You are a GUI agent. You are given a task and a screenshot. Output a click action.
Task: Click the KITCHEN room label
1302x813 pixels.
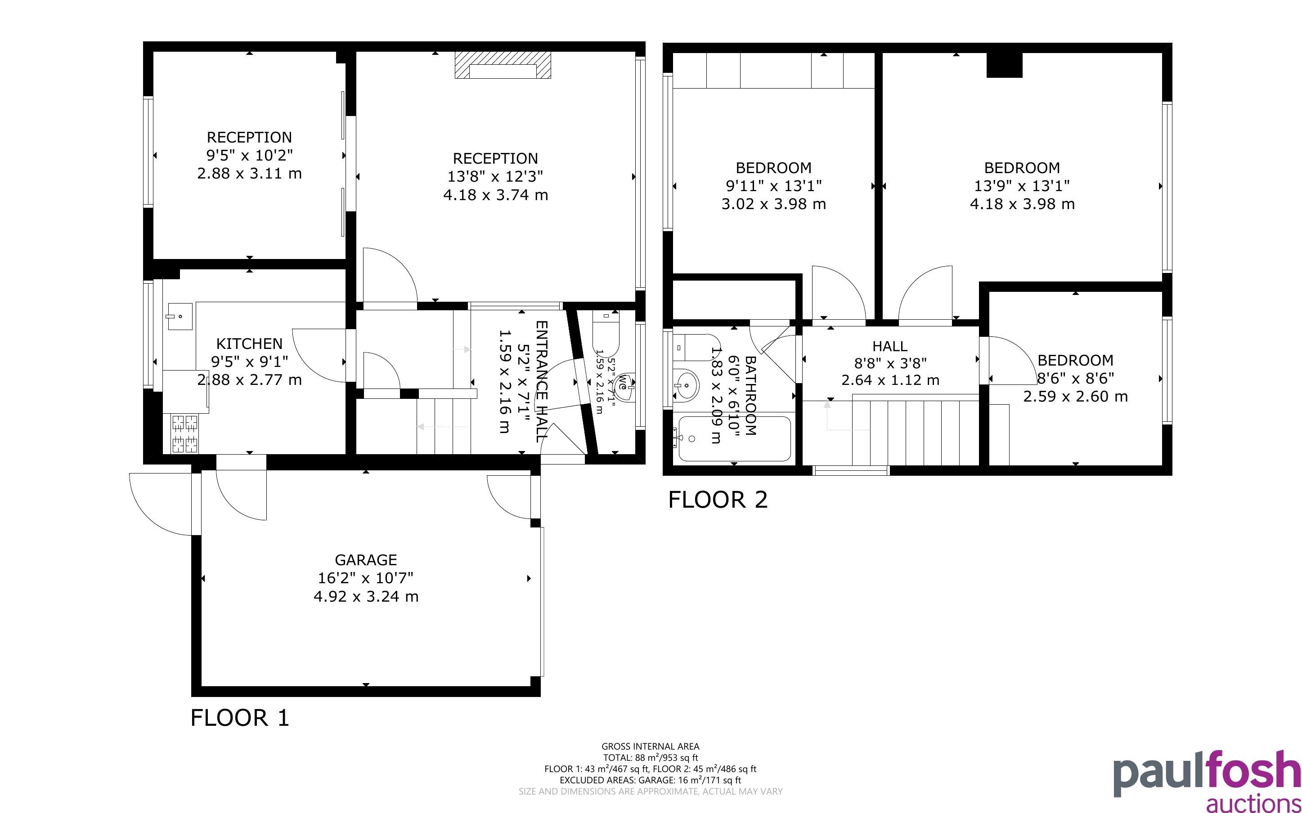click(249, 344)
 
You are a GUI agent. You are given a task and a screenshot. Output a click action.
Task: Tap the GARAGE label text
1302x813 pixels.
click(366, 560)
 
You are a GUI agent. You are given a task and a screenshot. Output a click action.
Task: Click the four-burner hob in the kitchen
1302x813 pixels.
click(184, 434)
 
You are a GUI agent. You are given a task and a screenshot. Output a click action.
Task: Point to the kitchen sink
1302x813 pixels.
click(179, 316)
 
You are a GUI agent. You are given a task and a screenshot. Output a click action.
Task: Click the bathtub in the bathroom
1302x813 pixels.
click(735, 439)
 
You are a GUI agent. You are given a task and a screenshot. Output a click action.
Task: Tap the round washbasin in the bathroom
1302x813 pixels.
click(686, 384)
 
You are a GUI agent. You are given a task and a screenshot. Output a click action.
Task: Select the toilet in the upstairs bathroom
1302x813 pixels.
click(697, 347)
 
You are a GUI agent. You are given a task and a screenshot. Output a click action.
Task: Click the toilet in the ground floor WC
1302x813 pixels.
click(606, 332)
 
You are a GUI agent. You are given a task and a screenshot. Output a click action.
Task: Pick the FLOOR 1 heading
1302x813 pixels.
click(240, 718)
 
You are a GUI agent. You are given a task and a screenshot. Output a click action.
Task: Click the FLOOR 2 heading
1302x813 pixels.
click(718, 500)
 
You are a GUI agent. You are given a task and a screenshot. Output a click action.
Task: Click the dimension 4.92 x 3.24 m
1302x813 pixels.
click(366, 596)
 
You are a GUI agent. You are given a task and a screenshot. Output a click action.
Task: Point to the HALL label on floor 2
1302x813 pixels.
click(890, 346)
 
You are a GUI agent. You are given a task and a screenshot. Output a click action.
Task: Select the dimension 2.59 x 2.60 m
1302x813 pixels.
click(1075, 397)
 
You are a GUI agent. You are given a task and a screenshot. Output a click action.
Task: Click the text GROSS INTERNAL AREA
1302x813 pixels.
click(650, 746)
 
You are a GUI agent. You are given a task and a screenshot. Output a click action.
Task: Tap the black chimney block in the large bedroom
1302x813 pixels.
click(1004, 65)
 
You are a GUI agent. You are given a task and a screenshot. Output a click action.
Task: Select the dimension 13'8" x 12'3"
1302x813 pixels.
click(495, 176)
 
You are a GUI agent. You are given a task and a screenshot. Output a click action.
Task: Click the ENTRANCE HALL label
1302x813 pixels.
click(542, 381)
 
